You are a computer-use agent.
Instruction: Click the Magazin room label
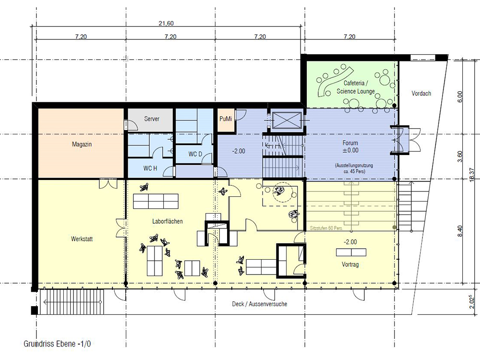click(x=82, y=144)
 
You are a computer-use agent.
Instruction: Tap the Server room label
click(x=152, y=119)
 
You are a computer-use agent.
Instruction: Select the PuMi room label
click(x=226, y=119)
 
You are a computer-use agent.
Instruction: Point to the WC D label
click(x=195, y=154)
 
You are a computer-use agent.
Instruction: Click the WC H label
click(x=150, y=168)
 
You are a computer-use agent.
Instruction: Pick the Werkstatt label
click(x=82, y=239)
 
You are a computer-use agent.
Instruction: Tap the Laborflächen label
click(x=168, y=221)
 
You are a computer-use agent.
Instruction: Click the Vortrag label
click(x=350, y=264)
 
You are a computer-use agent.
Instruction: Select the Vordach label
click(x=421, y=94)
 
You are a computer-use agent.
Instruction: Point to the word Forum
click(x=350, y=143)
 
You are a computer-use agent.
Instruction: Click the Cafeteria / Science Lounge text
click(x=355, y=87)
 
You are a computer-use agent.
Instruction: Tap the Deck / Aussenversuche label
click(x=260, y=304)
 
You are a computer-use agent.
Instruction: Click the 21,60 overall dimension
click(x=166, y=23)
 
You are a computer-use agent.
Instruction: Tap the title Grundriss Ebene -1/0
click(x=57, y=344)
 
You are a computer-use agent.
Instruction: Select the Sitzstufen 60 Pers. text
click(x=326, y=228)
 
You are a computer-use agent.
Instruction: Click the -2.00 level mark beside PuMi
click(x=239, y=151)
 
